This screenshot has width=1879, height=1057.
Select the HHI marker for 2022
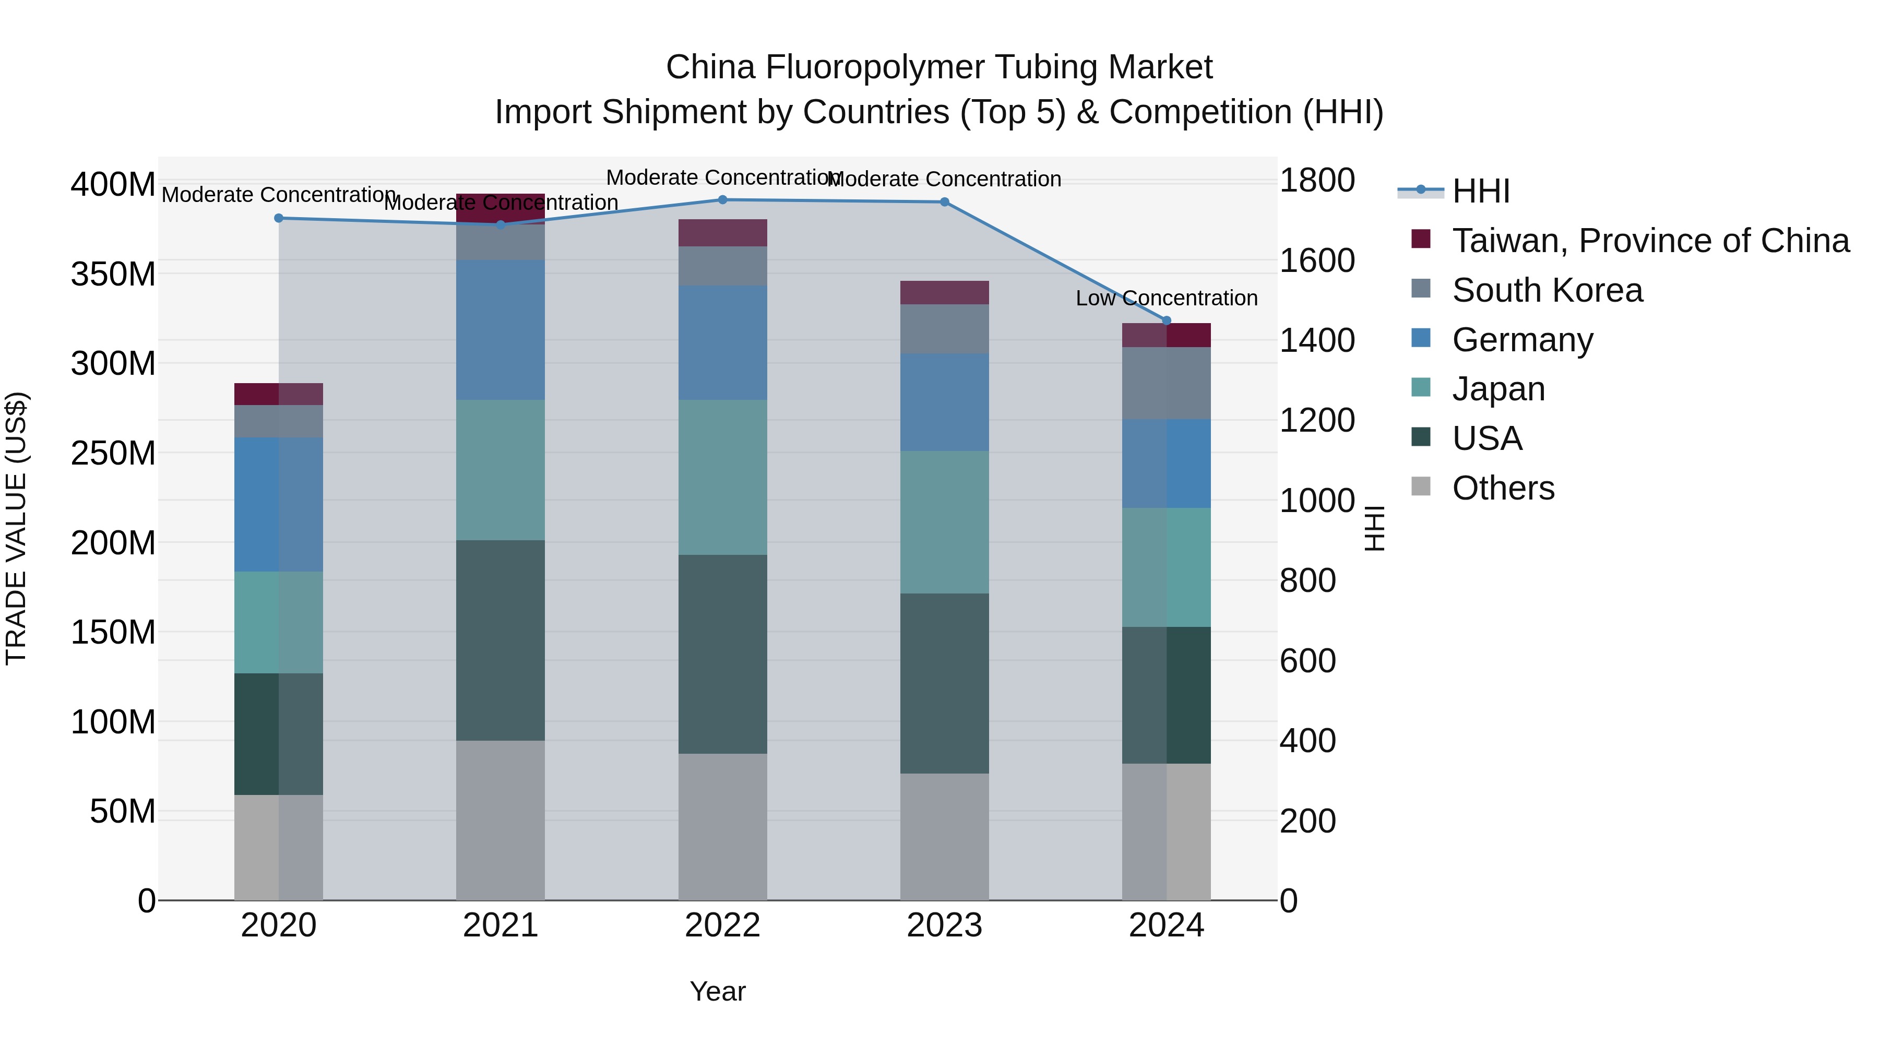[x=722, y=200]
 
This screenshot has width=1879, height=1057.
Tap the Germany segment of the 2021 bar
[x=501, y=330]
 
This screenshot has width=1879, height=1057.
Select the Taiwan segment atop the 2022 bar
[x=722, y=233]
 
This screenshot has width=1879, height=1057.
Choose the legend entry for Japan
[x=1498, y=389]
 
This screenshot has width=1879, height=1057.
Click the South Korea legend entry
[x=1547, y=290]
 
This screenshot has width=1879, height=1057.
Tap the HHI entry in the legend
[x=1481, y=191]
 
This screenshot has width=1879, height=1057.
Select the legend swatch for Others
[x=1421, y=486]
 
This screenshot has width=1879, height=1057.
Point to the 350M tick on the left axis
[x=113, y=274]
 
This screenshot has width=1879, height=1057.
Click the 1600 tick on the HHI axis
[x=1317, y=260]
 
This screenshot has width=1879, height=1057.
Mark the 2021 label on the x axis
[x=501, y=925]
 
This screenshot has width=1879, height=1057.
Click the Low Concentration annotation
[x=1167, y=299]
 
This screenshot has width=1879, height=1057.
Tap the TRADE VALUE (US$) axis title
[x=16, y=528]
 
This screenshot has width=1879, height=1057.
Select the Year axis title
[x=718, y=991]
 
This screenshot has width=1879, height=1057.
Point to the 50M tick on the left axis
[x=123, y=811]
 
